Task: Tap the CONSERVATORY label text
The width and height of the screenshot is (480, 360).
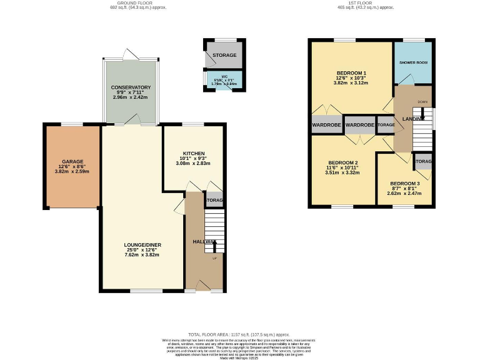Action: (131, 87)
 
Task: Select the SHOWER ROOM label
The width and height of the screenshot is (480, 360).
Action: (412, 62)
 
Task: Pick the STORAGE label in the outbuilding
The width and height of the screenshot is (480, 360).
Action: (224, 56)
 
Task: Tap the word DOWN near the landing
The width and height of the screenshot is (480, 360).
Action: (422, 101)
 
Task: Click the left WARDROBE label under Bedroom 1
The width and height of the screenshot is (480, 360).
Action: (326, 125)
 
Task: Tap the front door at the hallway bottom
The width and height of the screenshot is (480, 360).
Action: (204, 286)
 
